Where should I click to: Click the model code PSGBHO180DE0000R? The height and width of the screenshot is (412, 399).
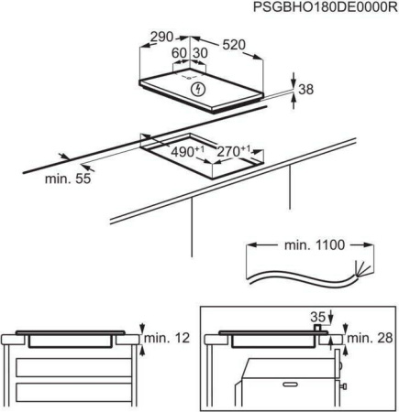coord(326,7)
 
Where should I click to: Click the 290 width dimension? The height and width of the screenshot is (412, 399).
coord(162,38)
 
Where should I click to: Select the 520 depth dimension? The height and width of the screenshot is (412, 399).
coord(234,45)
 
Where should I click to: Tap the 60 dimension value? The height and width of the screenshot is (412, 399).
coord(179,53)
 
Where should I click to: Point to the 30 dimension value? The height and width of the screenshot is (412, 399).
coord(200,53)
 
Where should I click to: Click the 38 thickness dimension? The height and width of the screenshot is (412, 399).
coord(306,90)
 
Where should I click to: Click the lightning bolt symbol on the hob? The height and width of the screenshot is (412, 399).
coord(198,89)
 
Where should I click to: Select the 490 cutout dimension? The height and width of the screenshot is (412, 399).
coord(187,151)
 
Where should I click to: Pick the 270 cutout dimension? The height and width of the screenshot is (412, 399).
coord(233,151)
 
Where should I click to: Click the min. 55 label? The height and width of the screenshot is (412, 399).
coord(68,179)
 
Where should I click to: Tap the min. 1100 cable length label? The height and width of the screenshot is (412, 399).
coord(315,245)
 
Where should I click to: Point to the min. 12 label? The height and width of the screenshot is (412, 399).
coord(167,338)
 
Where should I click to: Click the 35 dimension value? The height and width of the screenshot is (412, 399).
coord(317,317)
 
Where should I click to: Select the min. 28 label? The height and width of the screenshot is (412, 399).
coord(370,338)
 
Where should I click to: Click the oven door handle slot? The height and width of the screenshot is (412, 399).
coord(291,385)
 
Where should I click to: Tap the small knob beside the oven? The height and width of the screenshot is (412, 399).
coord(343,386)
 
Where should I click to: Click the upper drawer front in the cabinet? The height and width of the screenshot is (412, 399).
coord(74,368)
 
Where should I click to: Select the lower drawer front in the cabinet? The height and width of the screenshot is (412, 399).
coord(74,395)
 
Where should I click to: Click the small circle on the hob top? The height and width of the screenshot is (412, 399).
coord(189,78)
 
